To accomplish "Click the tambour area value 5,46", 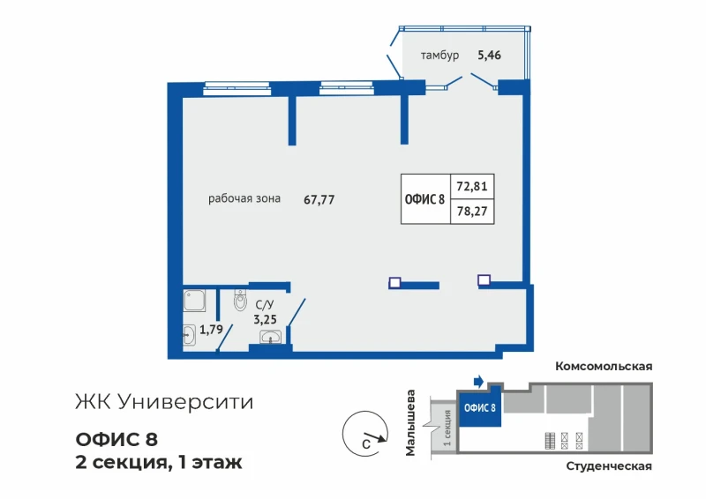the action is (x=489, y=56).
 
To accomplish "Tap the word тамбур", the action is (x=439, y=56).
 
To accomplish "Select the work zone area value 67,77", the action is (x=319, y=199).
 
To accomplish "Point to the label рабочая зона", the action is (x=244, y=198).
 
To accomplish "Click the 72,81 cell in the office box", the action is (x=472, y=186).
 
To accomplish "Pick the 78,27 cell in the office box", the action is (x=472, y=211).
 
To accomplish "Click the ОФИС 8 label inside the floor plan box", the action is (x=424, y=199).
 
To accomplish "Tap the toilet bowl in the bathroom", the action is (x=240, y=300).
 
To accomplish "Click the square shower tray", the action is (x=194, y=301).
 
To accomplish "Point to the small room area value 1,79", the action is (x=211, y=330).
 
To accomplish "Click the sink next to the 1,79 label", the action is (x=190, y=335).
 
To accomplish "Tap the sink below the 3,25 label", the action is (x=270, y=337).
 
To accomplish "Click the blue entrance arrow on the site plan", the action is (x=478, y=382).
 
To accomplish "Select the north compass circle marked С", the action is (x=365, y=434).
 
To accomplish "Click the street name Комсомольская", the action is (x=604, y=366).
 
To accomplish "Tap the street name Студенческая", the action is (x=609, y=466).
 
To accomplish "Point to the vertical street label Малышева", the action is (x=410, y=423).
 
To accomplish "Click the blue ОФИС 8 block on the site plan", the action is (x=480, y=407).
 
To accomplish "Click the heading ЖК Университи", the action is (x=164, y=402).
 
